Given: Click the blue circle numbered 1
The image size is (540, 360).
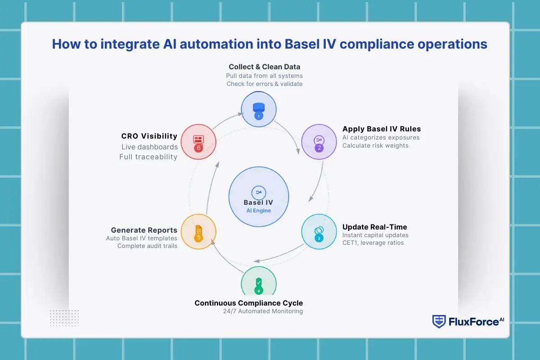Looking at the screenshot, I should tap(258, 109).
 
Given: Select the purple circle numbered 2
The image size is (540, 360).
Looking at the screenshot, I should tap(319, 142).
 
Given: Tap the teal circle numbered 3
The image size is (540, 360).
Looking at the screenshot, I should tap(319, 232).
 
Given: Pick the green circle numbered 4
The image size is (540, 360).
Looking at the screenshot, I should tap(258, 283).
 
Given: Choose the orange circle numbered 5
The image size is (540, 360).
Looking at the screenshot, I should tap(198, 232).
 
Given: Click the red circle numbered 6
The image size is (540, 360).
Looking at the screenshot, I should tap(198, 142).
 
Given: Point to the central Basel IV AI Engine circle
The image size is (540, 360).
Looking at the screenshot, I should tap(258, 197).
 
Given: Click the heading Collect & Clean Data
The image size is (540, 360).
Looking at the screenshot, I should tap(264, 67).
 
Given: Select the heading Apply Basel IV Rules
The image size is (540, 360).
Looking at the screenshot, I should tap(382, 129).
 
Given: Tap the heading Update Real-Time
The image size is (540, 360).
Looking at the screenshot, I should tap(375, 227).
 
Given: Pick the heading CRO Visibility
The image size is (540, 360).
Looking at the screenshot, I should tap(149, 136).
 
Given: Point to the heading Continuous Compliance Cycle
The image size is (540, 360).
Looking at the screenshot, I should tap(248, 303).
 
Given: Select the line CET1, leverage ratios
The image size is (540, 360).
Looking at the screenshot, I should tap(373, 243).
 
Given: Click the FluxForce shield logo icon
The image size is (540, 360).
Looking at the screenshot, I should tap(438, 321).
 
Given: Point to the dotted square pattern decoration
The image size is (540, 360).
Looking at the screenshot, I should tap(64, 318).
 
